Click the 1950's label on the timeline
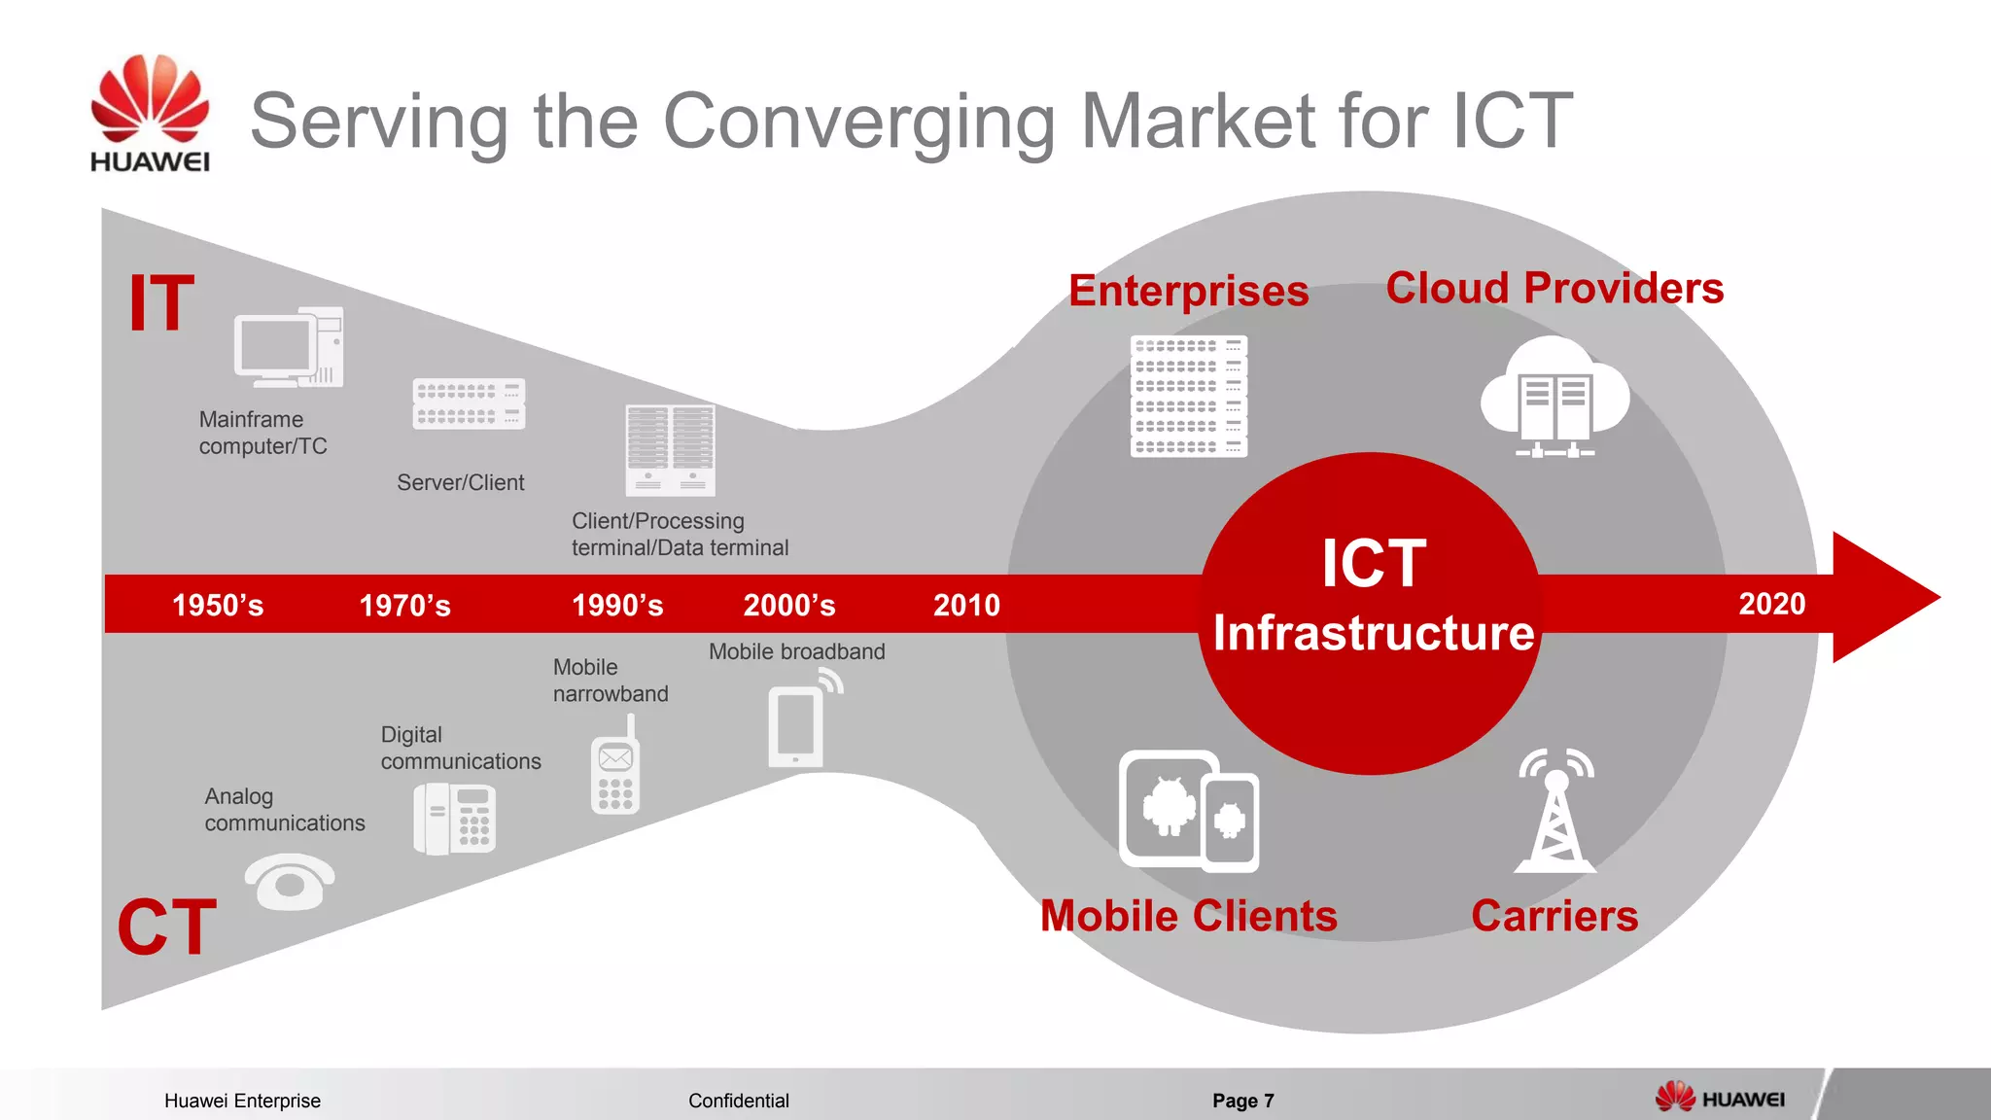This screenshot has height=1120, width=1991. [218, 605]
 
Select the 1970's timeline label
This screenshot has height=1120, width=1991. [404, 605]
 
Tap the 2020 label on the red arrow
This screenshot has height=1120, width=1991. [1771, 604]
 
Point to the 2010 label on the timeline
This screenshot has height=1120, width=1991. [966, 605]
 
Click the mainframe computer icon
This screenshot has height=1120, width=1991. [288, 348]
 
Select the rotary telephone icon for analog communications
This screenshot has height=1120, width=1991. [289, 881]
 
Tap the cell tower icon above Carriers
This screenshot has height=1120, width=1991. [1555, 810]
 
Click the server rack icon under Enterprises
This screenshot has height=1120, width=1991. [1188, 396]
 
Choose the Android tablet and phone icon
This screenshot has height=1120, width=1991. [1188, 811]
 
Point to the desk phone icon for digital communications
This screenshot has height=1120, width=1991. [455, 820]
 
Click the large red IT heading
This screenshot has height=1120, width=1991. [161, 303]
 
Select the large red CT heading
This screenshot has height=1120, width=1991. [166, 927]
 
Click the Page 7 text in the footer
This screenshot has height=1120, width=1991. [1242, 1101]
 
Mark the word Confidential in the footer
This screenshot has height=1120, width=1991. [738, 1101]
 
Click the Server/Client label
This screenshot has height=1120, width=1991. [460, 482]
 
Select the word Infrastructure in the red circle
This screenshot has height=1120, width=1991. [1373, 633]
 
